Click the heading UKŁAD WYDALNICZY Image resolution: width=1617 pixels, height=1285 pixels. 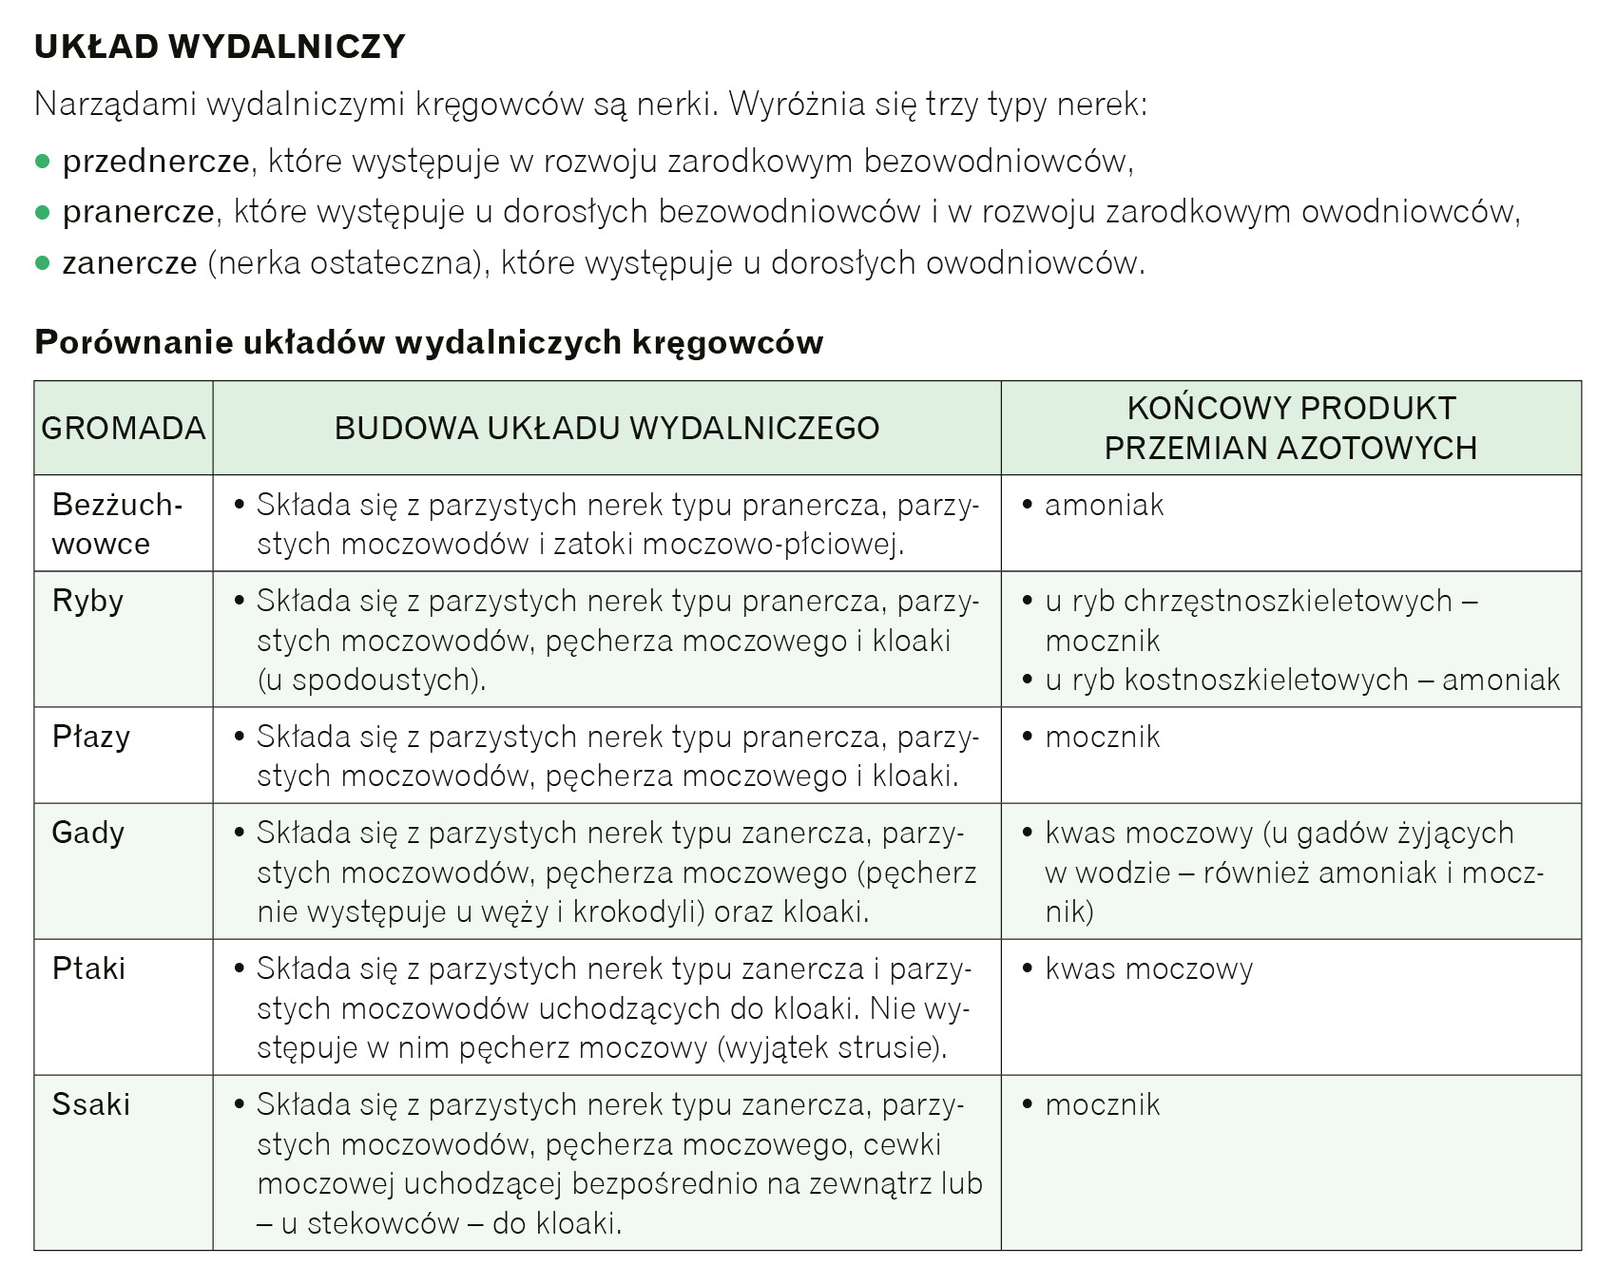point(220,47)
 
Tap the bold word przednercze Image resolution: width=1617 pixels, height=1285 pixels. point(156,162)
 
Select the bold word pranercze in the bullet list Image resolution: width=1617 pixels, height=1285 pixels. point(139,212)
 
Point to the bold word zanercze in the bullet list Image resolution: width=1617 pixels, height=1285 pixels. point(130,262)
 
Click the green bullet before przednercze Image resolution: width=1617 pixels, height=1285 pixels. point(42,162)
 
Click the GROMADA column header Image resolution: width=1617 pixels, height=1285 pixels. point(124,428)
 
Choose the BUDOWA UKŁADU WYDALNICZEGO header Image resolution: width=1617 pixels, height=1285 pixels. point(606,428)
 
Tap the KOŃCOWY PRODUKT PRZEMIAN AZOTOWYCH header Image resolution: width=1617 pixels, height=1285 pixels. point(1290,428)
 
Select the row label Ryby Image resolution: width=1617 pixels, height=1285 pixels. point(87,602)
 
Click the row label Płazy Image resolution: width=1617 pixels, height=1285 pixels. point(91,738)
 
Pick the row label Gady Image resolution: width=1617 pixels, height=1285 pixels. point(88,834)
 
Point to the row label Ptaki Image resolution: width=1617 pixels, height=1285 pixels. point(89,969)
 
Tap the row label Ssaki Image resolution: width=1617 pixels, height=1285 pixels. point(91,1105)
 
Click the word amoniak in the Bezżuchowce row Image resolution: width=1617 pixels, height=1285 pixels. point(1104,506)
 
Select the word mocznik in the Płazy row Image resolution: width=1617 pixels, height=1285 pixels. point(1103,738)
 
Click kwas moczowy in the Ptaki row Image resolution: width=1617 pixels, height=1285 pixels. point(1148,969)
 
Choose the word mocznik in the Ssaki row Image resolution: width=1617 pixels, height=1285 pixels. point(1103,1105)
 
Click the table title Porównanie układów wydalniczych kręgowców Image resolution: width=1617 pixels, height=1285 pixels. point(429,342)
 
